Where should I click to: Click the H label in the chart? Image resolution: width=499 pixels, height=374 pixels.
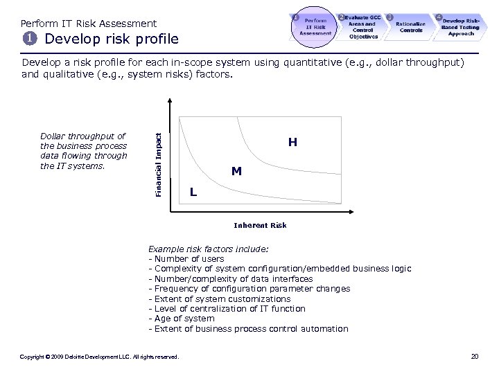(292, 143)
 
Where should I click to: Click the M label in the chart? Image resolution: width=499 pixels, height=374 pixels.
(236, 171)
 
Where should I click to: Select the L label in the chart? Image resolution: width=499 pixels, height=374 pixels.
(193, 192)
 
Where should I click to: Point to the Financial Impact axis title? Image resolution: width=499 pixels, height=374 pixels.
(158, 163)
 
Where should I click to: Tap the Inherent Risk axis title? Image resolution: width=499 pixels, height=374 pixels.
(260, 225)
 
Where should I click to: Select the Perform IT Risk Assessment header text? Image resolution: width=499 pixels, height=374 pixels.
(89, 24)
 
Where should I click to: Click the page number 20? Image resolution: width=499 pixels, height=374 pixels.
(474, 356)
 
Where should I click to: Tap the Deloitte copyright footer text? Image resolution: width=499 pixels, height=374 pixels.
(100, 357)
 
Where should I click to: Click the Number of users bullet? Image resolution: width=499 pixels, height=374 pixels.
(186, 258)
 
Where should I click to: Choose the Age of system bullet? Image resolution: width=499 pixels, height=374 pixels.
(182, 319)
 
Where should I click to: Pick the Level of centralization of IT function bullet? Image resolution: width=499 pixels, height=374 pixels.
(227, 308)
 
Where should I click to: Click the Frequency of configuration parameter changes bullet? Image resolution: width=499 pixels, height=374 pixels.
(249, 288)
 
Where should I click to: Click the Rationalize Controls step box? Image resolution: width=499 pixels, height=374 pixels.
(410, 27)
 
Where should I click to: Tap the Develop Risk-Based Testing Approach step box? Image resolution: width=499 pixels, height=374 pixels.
(460, 26)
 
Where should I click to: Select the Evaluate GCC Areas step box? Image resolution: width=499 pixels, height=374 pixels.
(362, 26)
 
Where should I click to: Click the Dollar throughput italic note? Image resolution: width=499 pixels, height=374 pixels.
(84, 151)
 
